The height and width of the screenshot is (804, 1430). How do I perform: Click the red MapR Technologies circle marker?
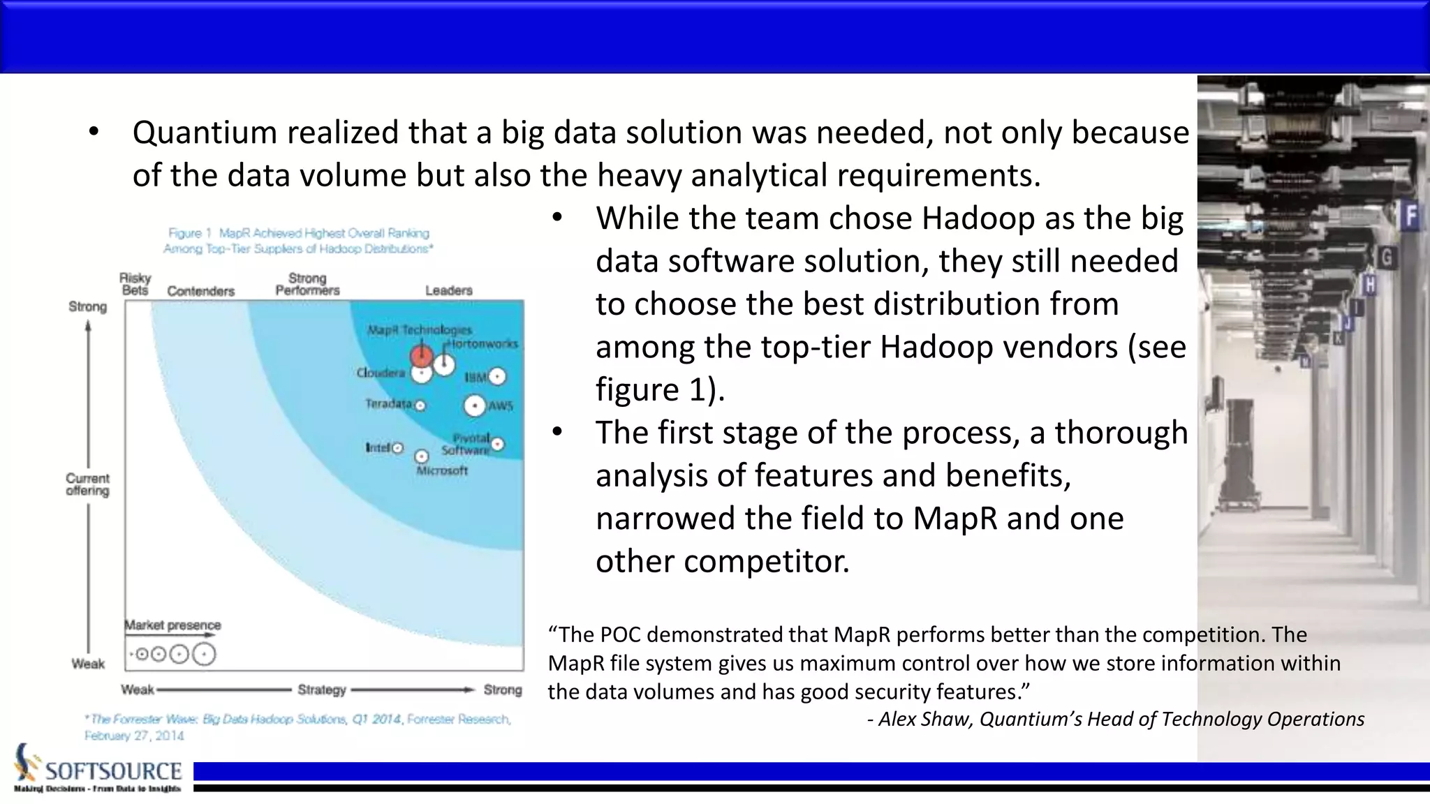pyautogui.click(x=421, y=356)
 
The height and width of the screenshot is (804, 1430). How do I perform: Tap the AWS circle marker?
pyautogui.click(x=475, y=406)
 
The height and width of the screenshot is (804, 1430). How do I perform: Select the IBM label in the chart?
pyautogui.click(x=476, y=377)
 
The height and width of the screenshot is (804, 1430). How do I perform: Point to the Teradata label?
pyautogui.click(x=388, y=403)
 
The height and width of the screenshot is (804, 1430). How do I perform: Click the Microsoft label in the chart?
pyautogui.click(x=441, y=471)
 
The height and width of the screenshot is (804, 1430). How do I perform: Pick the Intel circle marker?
pyautogui.click(x=397, y=448)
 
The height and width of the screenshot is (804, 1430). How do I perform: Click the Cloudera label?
pyautogui.click(x=381, y=373)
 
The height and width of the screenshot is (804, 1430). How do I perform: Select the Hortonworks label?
pyautogui.click(x=482, y=343)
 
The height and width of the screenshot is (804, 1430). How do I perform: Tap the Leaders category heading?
pyautogui.click(x=449, y=290)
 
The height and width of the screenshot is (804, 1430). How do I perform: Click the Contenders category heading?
pyautogui.click(x=200, y=291)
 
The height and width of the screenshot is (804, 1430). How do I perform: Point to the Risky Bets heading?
pyautogui.click(x=135, y=284)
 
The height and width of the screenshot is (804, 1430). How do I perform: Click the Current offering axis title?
pyautogui.click(x=87, y=484)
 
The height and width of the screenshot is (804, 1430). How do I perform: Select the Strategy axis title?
pyautogui.click(x=322, y=690)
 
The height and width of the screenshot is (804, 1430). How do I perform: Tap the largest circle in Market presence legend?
pyautogui.click(x=204, y=655)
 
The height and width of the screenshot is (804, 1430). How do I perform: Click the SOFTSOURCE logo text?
pyautogui.click(x=113, y=771)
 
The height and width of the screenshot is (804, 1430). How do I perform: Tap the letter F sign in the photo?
pyautogui.click(x=1411, y=216)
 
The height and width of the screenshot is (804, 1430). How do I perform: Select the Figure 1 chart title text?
pyautogui.click(x=298, y=241)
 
